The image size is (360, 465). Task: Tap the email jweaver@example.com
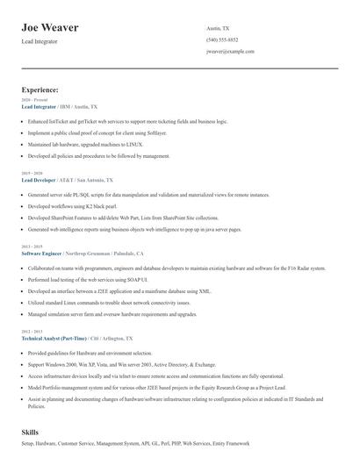tap(230, 52)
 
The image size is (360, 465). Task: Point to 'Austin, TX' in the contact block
tap(219, 27)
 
